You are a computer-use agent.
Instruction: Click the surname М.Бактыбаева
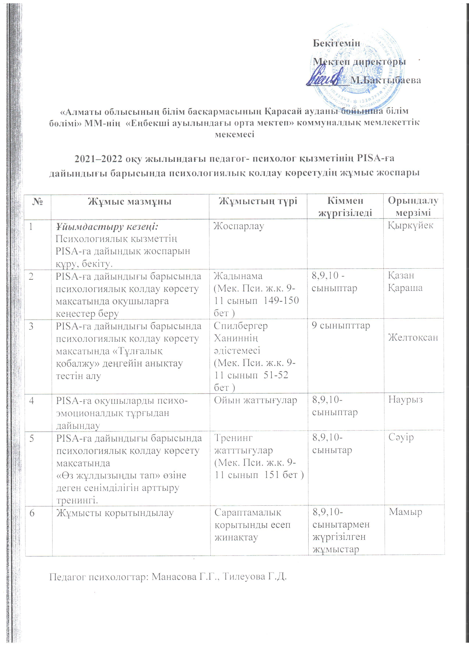(x=386, y=80)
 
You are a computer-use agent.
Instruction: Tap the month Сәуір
(x=401, y=437)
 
